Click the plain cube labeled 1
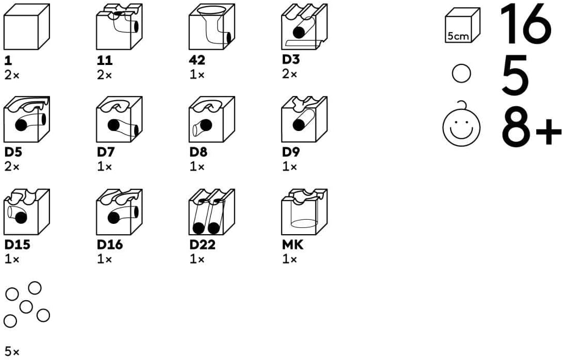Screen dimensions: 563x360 pyautogui.click(x=27, y=27)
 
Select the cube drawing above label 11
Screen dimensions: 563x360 pyautogui.click(x=119, y=27)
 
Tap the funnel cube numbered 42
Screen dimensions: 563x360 pyautogui.click(x=212, y=27)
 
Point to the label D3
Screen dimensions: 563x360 pyautogui.click(x=290, y=59)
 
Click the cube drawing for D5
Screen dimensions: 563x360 pyautogui.click(x=27, y=119)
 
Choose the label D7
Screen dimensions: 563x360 pyautogui.click(x=105, y=152)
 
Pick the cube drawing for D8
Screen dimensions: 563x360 pyautogui.click(x=212, y=119)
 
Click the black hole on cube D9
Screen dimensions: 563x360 pyautogui.click(x=299, y=125)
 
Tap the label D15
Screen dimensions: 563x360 pyautogui.click(x=17, y=244)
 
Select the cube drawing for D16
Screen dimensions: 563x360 pyautogui.click(x=119, y=211)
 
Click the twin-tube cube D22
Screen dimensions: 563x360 pyautogui.click(x=212, y=211)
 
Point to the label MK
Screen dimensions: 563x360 pyautogui.click(x=293, y=244)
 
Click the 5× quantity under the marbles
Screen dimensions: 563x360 pyautogui.click(x=12, y=351)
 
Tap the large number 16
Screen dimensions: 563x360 pyautogui.click(x=526, y=24)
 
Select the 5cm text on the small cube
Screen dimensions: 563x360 pyautogui.click(x=458, y=36)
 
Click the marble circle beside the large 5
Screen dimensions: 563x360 pyautogui.click(x=461, y=74)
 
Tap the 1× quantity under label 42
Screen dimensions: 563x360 pyautogui.click(x=197, y=75)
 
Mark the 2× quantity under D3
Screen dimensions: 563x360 pyautogui.click(x=289, y=74)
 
